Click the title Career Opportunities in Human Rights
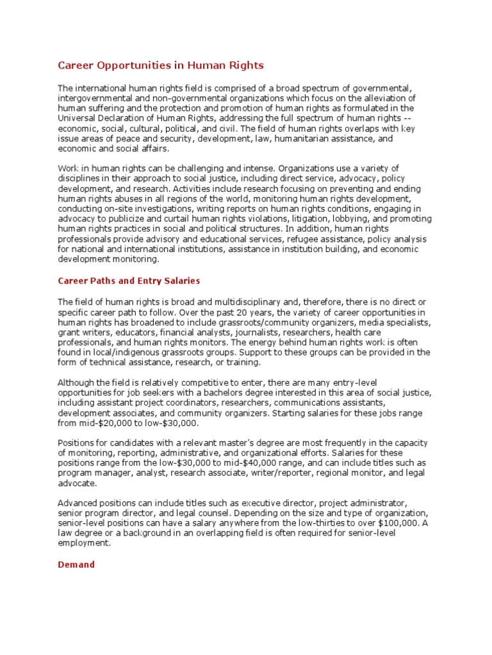(161, 65)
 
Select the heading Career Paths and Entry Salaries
(129, 280)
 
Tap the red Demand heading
(76, 564)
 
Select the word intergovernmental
(96, 97)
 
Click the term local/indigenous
(117, 352)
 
